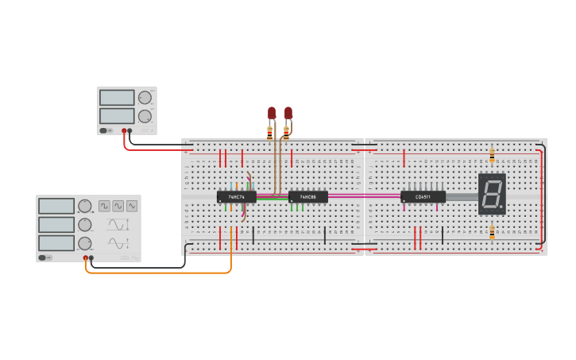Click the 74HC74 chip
coord(236,196)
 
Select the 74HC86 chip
coord(307,196)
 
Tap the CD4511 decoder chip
coord(423,196)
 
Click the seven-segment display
coord(492,193)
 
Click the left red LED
coord(272,113)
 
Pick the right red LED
coord(288,113)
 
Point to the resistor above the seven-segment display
coord(492,154)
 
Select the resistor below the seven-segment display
coord(492,232)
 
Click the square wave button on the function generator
coord(105,206)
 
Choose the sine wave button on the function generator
coord(118,206)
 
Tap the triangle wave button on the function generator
coord(132,206)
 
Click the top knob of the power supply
coord(145,98)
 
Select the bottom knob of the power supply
coord(145,116)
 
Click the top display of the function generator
coord(56,206)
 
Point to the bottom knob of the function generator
coord(84,243)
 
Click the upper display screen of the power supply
coord(117,98)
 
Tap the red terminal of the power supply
coord(124,130)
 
